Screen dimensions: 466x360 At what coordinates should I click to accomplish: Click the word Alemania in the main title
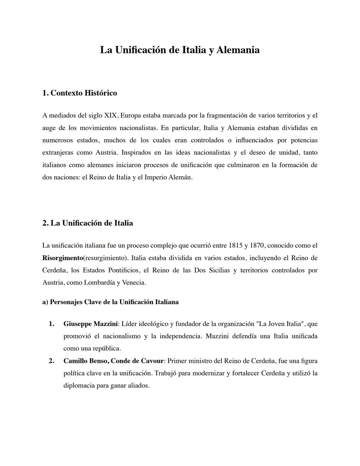(238, 50)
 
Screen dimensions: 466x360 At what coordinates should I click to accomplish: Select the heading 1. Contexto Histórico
(80, 93)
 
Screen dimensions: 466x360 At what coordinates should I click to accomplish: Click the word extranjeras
(58, 153)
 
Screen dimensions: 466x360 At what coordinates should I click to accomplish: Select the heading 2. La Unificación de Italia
(88, 223)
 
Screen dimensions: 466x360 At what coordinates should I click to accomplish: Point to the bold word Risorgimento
(62, 258)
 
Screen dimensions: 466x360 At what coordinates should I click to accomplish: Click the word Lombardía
(99, 283)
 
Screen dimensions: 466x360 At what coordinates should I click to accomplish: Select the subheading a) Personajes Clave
(110, 302)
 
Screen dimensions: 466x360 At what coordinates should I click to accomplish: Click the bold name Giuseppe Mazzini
(90, 324)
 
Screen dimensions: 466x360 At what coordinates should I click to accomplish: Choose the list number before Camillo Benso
(51, 361)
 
